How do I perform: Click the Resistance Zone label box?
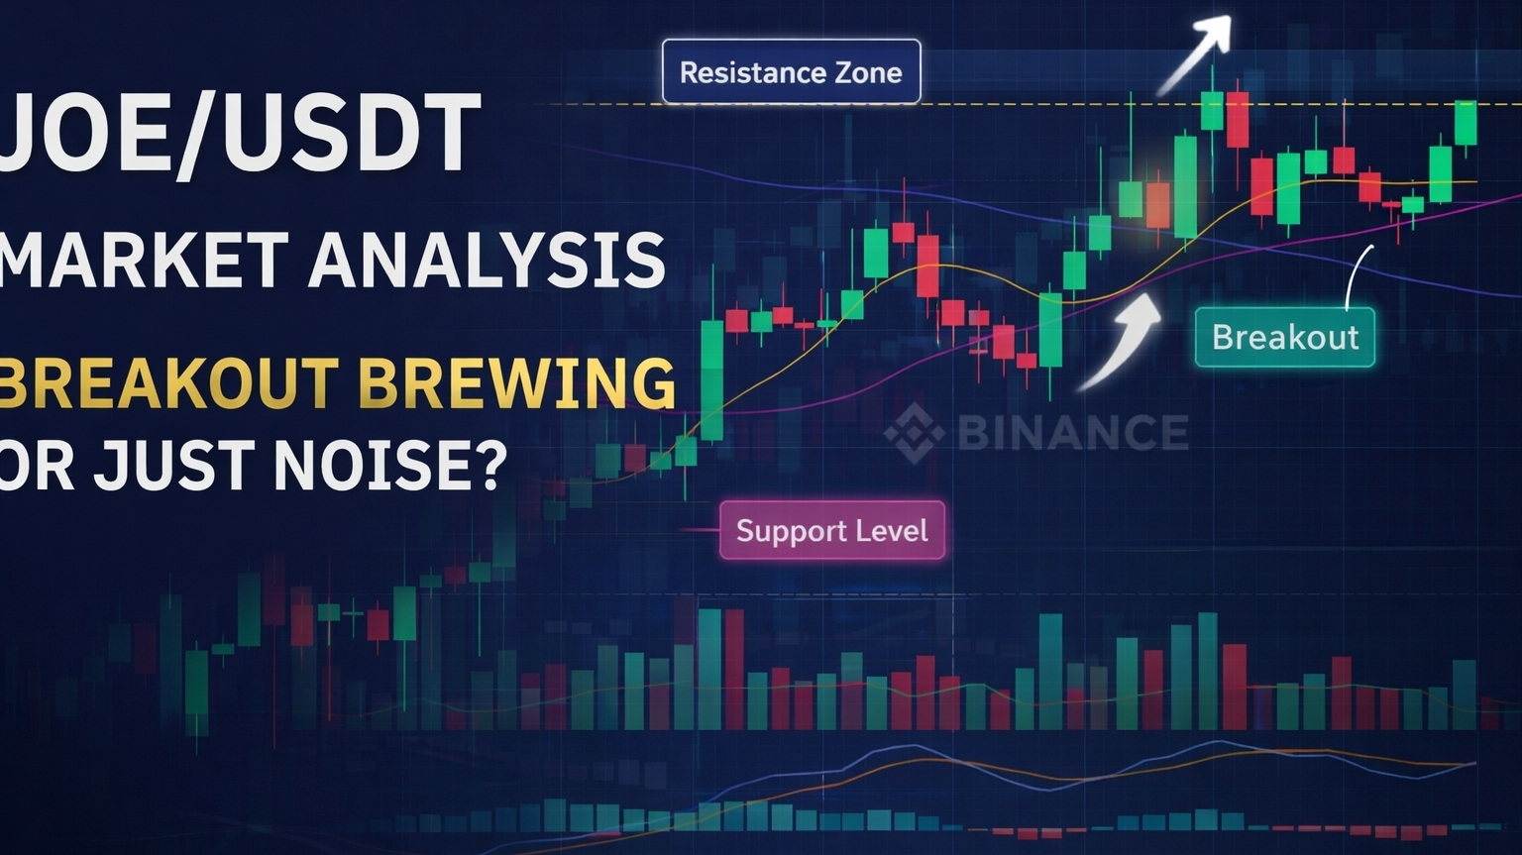(792, 71)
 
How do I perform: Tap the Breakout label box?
(1285, 338)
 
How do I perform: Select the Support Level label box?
(832, 530)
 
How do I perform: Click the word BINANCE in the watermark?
(1073, 432)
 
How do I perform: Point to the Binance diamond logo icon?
(915, 433)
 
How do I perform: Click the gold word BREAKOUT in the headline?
(169, 382)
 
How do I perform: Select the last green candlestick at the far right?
(1466, 124)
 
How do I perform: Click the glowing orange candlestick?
(1157, 205)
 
